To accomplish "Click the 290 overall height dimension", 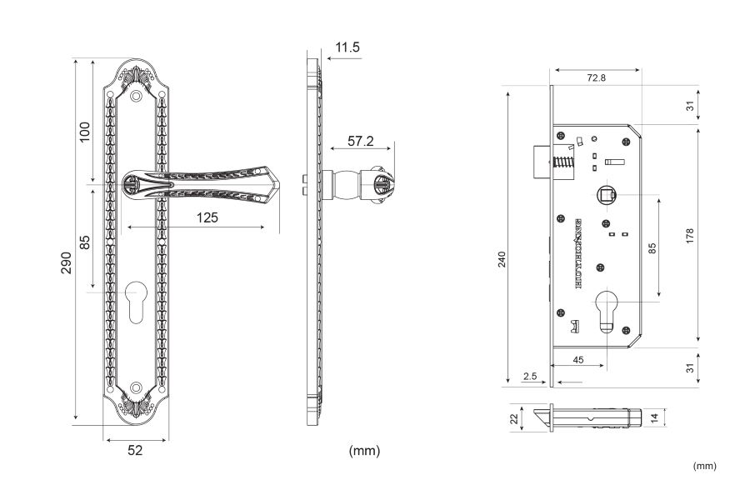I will [66, 262].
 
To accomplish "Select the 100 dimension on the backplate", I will [84, 132].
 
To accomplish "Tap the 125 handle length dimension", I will [207, 217].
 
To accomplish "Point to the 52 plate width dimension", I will [135, 450].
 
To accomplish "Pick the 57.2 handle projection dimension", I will [360, 141].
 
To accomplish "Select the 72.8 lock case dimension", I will [596, 77].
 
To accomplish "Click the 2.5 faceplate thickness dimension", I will [529, 376].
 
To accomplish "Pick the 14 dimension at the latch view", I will [655, 416].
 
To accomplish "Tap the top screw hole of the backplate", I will [136, 97].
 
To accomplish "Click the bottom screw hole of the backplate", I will [136, 387].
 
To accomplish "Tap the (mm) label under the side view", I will [364, 451].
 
